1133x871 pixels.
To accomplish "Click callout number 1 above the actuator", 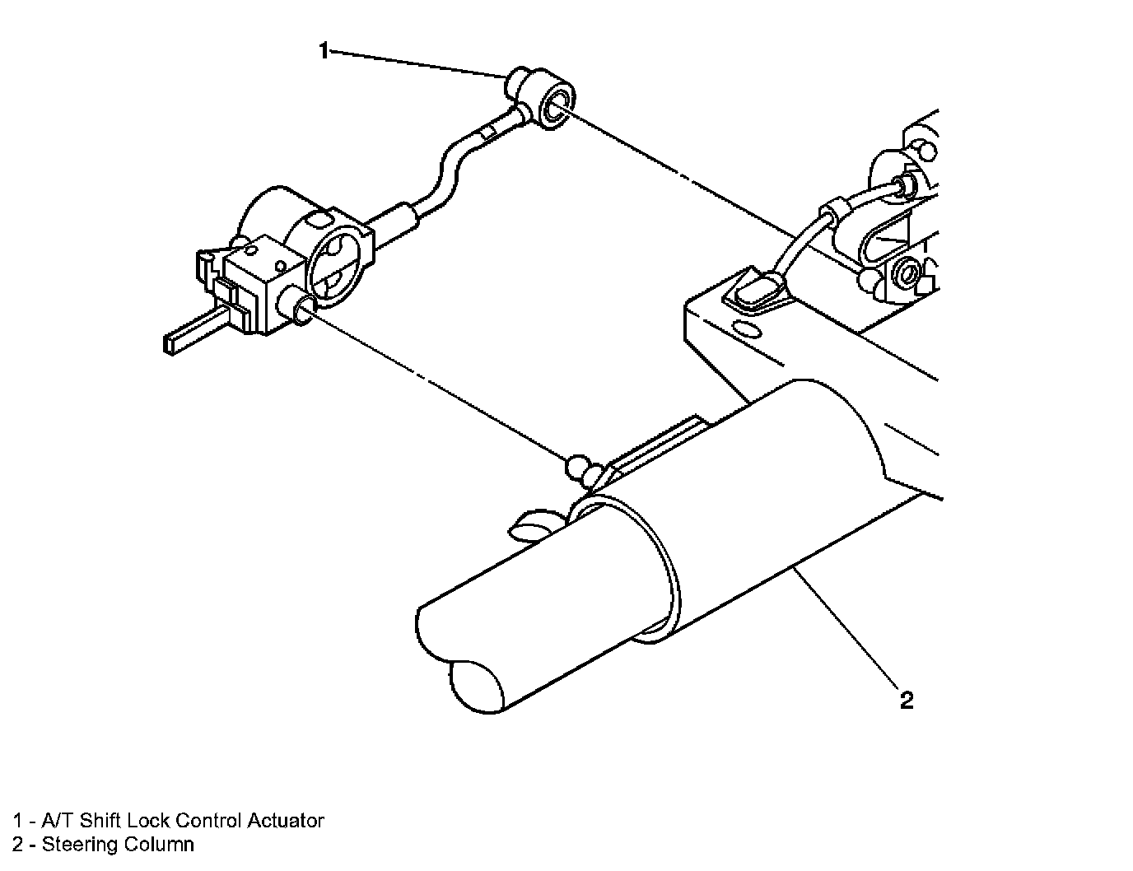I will click(324, 52).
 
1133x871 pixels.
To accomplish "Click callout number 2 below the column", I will click(906, 701).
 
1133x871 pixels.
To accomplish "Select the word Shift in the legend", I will click(103, 821).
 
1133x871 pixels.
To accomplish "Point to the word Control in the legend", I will click(206, 821).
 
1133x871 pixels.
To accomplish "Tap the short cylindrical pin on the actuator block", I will click(298, 311).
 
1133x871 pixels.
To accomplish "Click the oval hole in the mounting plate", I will click(745, 331).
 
